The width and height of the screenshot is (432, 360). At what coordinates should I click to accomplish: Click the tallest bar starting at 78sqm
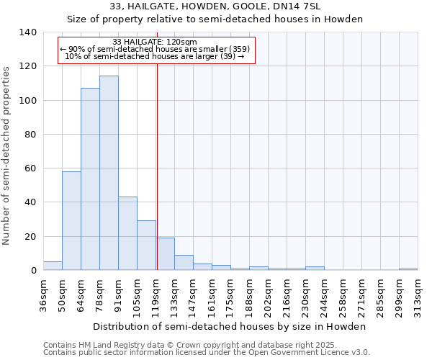pyautogui.click(x=109, y=173)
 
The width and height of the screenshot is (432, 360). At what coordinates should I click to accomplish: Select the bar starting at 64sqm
pyautogui.click(x=90, y=179)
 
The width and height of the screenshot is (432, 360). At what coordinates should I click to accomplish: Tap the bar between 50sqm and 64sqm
pyautogui.click(x=71, y=221)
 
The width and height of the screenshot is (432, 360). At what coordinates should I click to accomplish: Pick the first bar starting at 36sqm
pyautogui.click(x=53, y=266)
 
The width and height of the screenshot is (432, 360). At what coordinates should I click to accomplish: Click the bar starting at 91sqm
pyautogui.click(x=127, y=233)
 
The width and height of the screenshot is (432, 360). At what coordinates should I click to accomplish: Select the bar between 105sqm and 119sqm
pyautogui.click(x=146, y=246)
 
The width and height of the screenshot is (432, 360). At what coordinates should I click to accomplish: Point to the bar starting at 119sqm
pyautogui.click(x=165, y=254)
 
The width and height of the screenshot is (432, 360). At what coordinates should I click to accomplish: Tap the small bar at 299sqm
pyautogui.click(x=408, y=269)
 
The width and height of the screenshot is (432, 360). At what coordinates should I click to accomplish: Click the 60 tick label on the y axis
pyautogui.click(x=30, y=168)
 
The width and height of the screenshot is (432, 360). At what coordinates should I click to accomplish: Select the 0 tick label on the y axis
pyautogui.click(x=33, y=271)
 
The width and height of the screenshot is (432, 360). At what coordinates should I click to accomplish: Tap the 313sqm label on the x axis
pyautogui.click(x=418, y=296)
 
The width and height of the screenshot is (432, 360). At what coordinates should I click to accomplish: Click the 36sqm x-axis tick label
pyautogui.click(x=43, y=296)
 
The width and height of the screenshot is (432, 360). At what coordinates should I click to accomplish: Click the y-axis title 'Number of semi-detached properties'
pyautogui.click(x=7, y=155)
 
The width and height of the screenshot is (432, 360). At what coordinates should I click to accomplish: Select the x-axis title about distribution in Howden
pyautogui.click(x=230, y=326)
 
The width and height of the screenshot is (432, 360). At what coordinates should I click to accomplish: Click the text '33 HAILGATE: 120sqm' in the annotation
pyautogui.click(x=155, y=42)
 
